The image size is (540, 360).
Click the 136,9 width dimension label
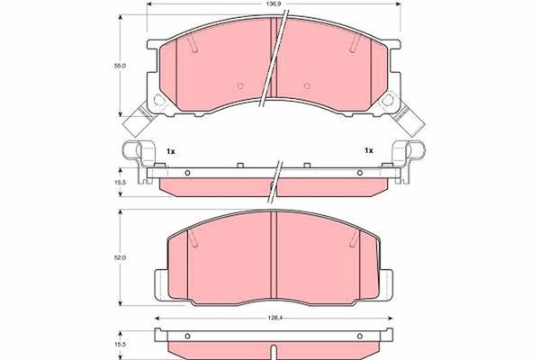click(x=274, y=4)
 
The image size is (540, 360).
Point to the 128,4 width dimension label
click(x=274, y=319)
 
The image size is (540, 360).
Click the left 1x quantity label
click(x=171, y=151)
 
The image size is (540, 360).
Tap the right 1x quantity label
click(x=369, y=150)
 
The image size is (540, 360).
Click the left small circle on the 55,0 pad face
click(x=240, y=85)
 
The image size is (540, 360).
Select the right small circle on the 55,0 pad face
click(x=307, y=85)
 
